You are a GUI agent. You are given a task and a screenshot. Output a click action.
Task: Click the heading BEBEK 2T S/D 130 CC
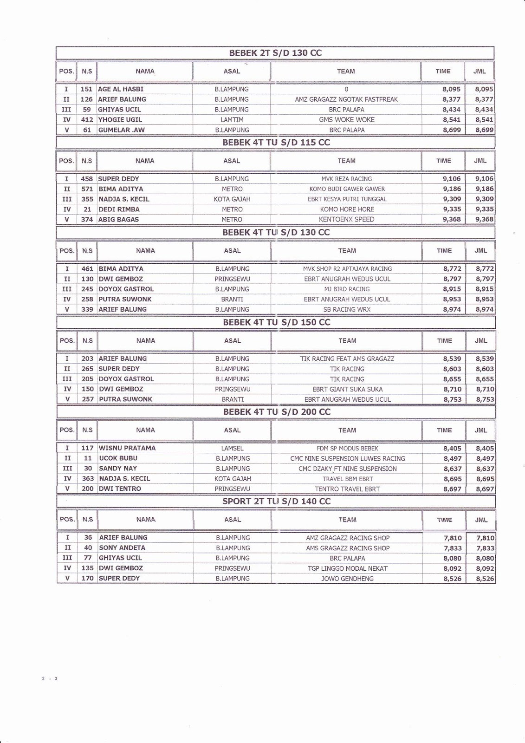[275, 53]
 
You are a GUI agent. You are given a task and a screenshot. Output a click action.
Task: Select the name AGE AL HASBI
[121, 89]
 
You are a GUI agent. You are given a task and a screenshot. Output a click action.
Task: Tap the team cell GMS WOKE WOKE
[346, 120]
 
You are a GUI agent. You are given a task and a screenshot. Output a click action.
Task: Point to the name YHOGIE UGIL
[120, 120]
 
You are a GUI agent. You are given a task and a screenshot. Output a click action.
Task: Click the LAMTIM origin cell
[232, 120]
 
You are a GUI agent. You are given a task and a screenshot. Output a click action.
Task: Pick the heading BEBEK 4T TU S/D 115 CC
[276, 143]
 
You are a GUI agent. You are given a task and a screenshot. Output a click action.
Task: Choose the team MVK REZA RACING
[346, 179]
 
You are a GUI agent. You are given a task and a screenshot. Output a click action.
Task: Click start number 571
[87, 189]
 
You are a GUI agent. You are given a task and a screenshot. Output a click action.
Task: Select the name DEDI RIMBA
[119, 209]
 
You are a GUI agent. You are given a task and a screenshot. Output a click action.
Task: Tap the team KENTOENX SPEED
[346, 220]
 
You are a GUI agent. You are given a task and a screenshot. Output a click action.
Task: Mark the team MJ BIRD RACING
[347, 289]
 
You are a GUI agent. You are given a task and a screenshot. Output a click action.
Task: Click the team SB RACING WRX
[347, 310]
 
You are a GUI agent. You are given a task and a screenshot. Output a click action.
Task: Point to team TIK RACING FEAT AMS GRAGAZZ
[347, 359]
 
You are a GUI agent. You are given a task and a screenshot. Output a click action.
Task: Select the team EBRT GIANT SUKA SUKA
[347, 389]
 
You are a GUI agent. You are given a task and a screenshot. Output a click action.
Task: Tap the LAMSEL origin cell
[233, 449]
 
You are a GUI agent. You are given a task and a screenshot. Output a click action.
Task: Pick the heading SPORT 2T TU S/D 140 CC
[277, 502]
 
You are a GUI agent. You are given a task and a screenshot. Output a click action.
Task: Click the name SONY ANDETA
[122, 548]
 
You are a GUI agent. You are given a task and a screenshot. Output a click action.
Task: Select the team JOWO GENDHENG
[347, 579]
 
